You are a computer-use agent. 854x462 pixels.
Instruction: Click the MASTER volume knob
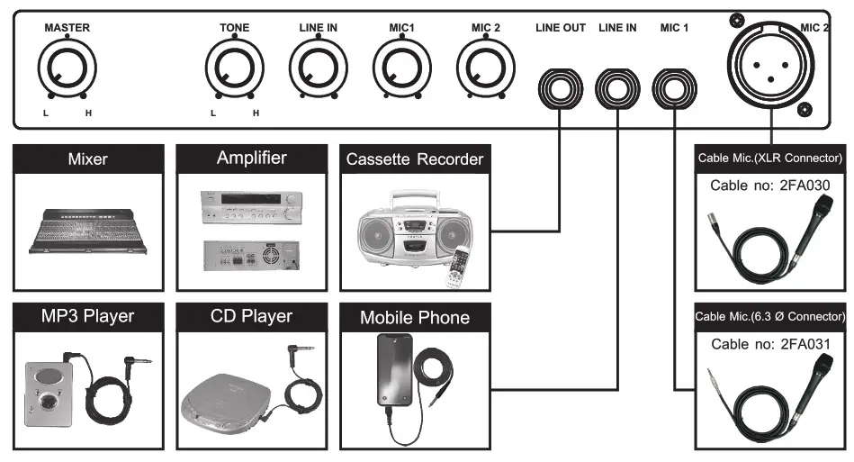(x=67, y=70)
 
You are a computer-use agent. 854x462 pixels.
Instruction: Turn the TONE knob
(x=234, y=70)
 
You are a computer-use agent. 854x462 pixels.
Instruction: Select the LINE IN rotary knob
(x=319, y=70)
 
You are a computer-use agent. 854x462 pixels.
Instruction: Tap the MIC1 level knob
(x=401, y=70)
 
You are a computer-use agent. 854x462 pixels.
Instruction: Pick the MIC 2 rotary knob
(x=486, y=70)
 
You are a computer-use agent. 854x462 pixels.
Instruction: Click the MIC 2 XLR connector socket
(x=769, y=64)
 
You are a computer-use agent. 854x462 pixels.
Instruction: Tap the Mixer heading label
(x=88, y=159)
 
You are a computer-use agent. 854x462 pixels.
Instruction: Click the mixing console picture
(x=88, y=230)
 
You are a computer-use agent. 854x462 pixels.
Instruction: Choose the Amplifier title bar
(x=251, y=159)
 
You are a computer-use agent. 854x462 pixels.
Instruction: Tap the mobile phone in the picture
(x=391, y=371)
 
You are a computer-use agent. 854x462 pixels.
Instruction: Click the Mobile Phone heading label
(x=415, y=317)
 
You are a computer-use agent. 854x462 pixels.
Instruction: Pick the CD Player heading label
(x=251, y=316)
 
